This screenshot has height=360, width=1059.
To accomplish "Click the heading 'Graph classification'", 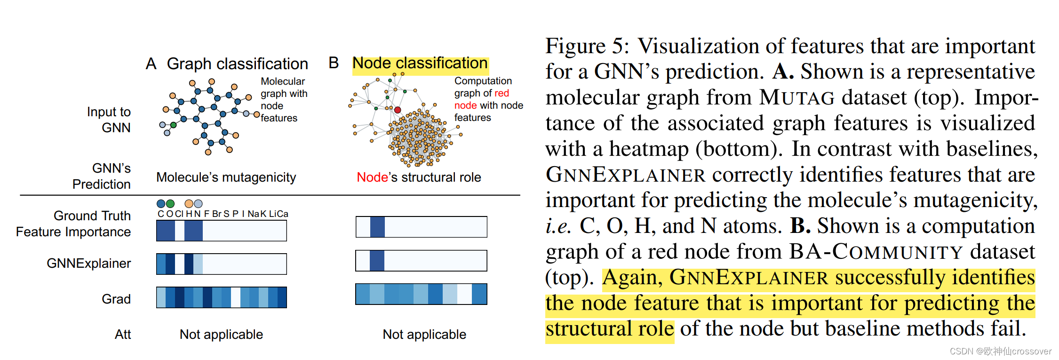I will point(237,64).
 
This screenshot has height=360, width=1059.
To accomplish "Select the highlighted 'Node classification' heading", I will point(420,63).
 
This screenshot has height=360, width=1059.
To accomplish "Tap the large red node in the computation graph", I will point(398,110).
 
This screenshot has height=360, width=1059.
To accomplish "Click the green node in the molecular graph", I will point(174,125).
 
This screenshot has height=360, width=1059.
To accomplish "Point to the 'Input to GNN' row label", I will point(109,120).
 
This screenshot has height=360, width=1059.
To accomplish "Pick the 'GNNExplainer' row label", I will point(88,263).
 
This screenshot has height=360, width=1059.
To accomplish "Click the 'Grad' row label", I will point(116,299).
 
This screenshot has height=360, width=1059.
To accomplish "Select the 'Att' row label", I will point(123,334).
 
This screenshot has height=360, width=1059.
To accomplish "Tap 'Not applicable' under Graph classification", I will point(221,334).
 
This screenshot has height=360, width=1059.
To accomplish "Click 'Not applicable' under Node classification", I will point(424,334).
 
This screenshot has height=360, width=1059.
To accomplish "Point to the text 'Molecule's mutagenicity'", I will point(226,177).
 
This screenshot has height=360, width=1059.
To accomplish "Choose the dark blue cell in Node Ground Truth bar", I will point(377,227).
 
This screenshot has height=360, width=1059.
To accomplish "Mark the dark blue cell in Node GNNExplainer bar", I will point(377,261).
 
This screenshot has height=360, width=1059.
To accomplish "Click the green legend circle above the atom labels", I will point(170,203).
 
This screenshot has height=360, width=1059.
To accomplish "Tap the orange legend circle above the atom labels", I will point(189,203).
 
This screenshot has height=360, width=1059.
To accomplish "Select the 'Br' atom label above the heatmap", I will point(216,214).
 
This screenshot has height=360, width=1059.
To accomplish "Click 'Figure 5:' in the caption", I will point(587,46).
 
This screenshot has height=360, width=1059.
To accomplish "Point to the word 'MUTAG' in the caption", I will point(797,97).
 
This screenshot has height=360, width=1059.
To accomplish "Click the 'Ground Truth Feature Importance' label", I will point(73,224).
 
